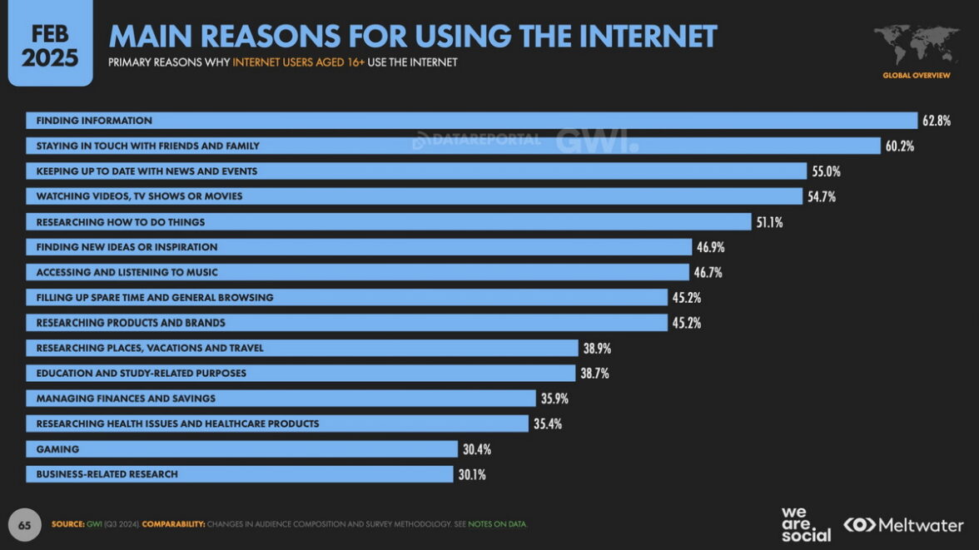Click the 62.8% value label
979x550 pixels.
pos(936,121)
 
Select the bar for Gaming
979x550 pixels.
pos(241,449)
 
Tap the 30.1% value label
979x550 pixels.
pos(471,474)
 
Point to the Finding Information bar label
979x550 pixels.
pos(94,121)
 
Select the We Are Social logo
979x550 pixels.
pos(805,524)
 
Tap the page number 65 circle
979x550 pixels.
pos(25,525)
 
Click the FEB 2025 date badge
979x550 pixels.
pos(50,46)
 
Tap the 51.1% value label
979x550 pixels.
pos(769,222)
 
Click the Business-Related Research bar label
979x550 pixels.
pos(107,474)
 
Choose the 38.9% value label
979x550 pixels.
pos(596,348)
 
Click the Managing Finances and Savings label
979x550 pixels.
pos(126,399)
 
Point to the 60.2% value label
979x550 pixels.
pos(900,146)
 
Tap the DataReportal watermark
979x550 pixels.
pos(476,140)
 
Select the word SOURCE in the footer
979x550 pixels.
pos(67,524)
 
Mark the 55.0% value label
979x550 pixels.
pos(827,171)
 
